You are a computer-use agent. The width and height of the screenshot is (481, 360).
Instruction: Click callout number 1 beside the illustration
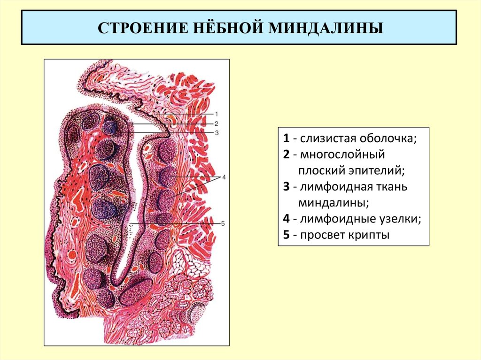[x=217, y=114]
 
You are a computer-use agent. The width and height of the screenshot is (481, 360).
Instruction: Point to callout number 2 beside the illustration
[x=217, y=123]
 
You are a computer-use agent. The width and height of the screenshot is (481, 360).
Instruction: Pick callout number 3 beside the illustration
[x=217, y=133]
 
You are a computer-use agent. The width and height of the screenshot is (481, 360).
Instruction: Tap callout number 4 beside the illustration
[x=224, y=177]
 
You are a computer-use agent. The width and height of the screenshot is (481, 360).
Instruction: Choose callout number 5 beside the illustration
[x=223, y=223]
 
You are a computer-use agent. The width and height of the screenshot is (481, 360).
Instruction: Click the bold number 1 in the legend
[x=286, y=139]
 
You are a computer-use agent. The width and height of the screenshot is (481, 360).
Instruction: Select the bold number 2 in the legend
[x=286, y=154]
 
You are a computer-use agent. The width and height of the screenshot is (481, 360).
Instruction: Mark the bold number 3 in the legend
[x=286, y=187]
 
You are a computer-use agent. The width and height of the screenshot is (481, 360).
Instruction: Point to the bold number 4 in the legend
[x=286, y=219]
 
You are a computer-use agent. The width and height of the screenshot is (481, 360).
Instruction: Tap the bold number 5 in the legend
[x=286, y=235]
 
